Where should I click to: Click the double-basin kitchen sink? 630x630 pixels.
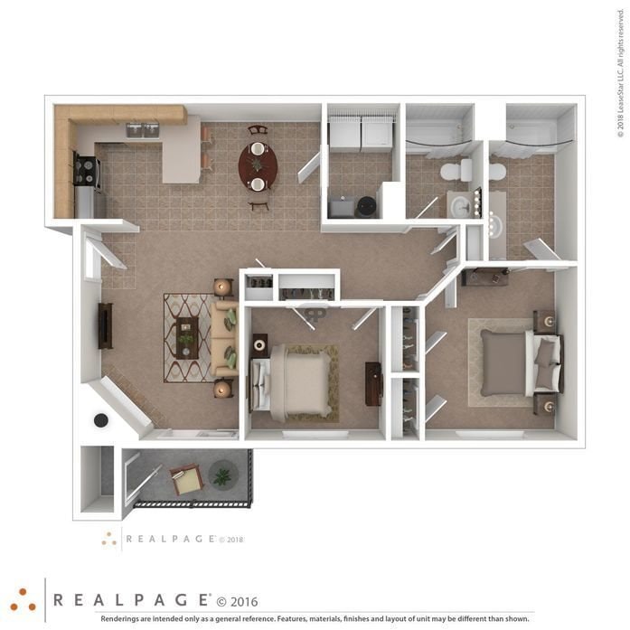[142, 130]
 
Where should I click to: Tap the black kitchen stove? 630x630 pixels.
[88, 170]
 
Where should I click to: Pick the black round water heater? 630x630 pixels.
[366, 207]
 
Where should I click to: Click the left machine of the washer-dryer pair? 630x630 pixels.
[343, 134]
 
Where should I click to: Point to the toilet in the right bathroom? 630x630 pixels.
[497, 171]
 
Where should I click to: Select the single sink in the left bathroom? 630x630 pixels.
[462, 204]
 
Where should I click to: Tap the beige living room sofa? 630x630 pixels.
[224, 340]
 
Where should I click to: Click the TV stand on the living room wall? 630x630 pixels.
[106, 325]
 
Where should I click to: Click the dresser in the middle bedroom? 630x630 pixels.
[373, 383]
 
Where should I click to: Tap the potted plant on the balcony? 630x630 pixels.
[221, 474]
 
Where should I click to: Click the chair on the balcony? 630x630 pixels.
[186, 479]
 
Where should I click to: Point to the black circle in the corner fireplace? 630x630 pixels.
[101, 419]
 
